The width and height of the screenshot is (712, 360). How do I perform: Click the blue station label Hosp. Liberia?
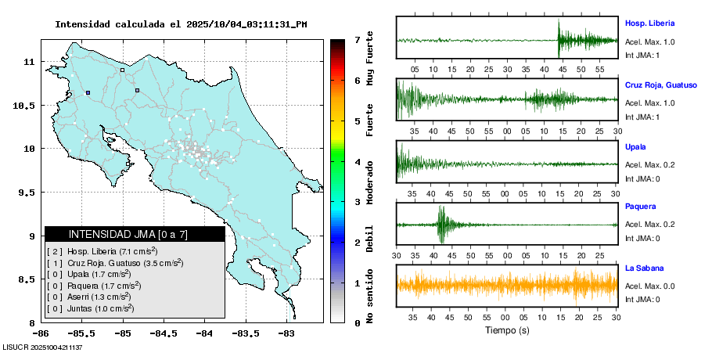[x=649, y=23]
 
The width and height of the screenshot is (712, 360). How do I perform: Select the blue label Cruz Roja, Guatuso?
[x=660, y=85]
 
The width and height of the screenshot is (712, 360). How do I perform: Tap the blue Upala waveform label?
[x=636, y=146]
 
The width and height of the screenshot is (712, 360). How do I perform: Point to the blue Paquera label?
[x=640, y=207]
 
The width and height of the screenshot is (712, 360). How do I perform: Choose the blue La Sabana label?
[x=644, y=268]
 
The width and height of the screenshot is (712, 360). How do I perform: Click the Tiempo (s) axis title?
[x=507, y=330]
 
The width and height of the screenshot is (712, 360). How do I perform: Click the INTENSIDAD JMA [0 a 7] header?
[x=135, y=234]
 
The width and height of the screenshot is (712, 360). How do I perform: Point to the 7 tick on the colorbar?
[x=357, y=39]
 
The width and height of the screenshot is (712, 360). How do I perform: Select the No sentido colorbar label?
[x=369, y=297]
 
